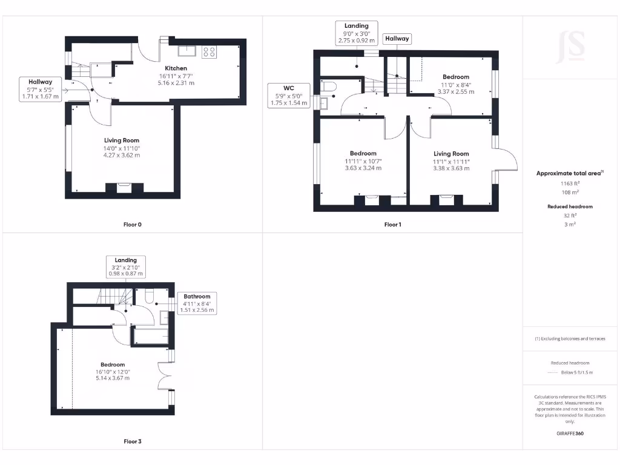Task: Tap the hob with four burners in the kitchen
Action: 209,52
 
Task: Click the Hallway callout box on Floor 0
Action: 41,89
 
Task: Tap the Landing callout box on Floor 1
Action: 357,33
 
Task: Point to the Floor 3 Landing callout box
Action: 126,267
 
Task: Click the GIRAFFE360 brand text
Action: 569,434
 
